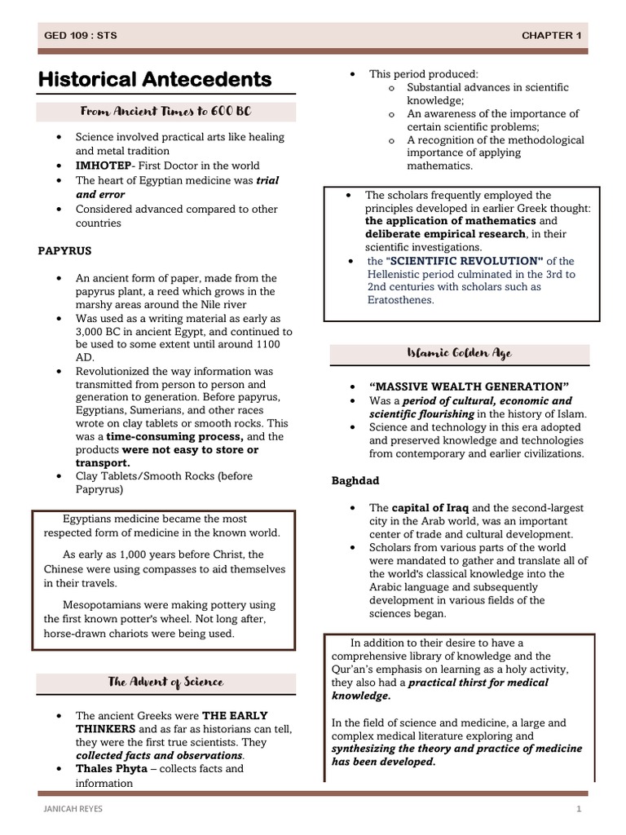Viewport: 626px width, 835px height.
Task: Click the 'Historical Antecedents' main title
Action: coord(155,80)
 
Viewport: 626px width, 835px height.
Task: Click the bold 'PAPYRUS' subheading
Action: coord(64,251)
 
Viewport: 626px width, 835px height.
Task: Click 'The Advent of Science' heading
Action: coord(165,681)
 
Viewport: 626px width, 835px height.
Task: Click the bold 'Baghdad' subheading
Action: coord(355,480)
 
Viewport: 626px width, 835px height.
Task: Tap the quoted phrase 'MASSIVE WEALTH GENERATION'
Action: coord(469,387)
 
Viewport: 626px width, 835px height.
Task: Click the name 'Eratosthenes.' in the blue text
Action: coord(401,299)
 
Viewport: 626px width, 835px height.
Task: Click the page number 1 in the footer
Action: coord(578,809)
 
